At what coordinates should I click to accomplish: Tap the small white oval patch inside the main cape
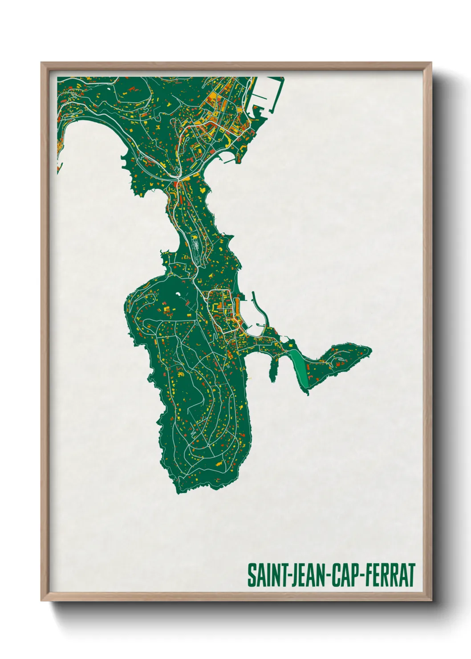[179, 294]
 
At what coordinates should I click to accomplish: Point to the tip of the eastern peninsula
[369, 350]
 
